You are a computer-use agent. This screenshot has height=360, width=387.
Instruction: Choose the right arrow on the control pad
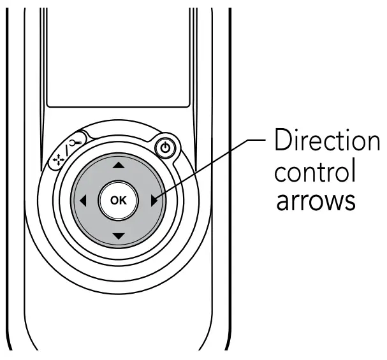pyautogui.click(x=154, y=201)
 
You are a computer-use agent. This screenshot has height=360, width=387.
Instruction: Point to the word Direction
pyautogui.click(x=326, y=141)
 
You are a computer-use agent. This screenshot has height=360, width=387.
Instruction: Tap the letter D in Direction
pyautogui.click(x=282, y=141)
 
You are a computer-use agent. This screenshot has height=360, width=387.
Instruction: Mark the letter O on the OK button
pyautogui.click(x=114, y=200)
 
